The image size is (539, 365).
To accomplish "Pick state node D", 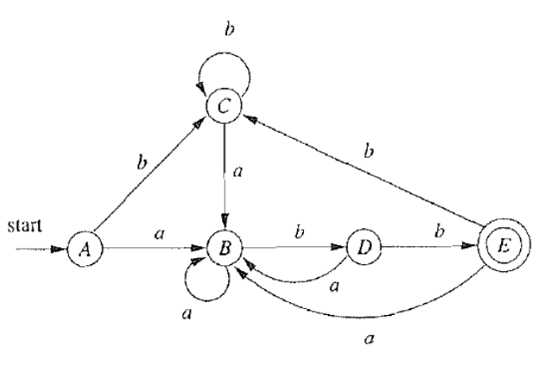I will coord(362,250).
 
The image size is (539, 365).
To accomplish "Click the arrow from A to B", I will coord(155,250).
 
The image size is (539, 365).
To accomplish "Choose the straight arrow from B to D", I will coord(293,250).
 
